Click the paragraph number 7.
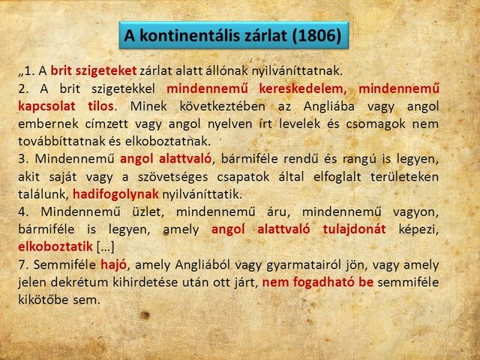[22, 265]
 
